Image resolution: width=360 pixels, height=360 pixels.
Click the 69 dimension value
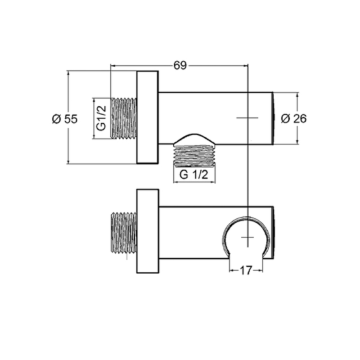click(180, 66)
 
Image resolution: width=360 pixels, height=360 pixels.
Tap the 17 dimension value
click(246, 270)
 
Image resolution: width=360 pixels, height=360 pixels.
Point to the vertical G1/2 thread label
click(101, 119)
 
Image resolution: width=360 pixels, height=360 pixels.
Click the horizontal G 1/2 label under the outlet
click(194, 175)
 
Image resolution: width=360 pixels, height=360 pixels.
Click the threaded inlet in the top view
click(123, 119)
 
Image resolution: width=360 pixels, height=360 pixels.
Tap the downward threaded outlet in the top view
click(194, 155)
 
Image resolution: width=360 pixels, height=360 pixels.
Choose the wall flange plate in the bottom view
click(147, 232)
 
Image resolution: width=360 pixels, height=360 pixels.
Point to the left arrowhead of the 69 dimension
click(113, 66)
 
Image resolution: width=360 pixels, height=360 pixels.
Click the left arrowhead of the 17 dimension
click(231, 270)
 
